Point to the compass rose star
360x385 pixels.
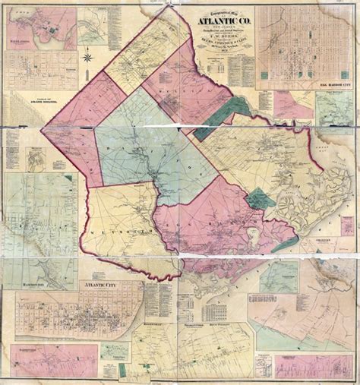(90, 55)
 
